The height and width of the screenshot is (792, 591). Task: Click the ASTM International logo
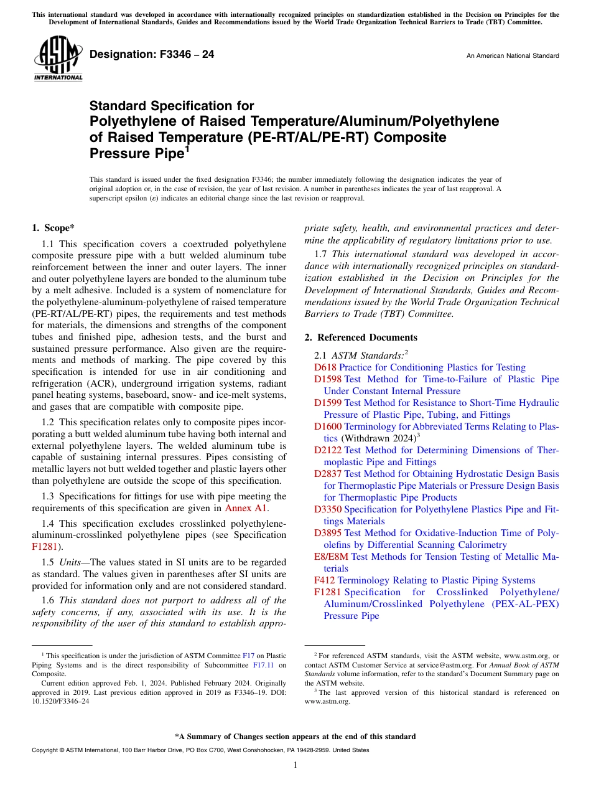pos(57,59)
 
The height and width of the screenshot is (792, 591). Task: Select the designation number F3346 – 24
pos(152,55)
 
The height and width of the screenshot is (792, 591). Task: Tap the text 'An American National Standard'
pos(512,56)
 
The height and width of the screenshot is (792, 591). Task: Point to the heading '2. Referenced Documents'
pos(361,337)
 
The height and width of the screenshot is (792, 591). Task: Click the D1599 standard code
pos(327,403)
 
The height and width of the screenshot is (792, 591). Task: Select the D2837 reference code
pos(327,474)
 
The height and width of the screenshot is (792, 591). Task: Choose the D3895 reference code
pos(327,533)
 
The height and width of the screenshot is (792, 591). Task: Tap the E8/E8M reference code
pos(331,557)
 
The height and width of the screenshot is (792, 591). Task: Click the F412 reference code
pos(324,580)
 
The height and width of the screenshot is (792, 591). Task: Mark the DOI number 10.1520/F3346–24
pos(60,700)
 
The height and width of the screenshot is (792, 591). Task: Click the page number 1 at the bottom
pos(295,765)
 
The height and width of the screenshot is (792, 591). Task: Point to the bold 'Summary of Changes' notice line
pos(295,737)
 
